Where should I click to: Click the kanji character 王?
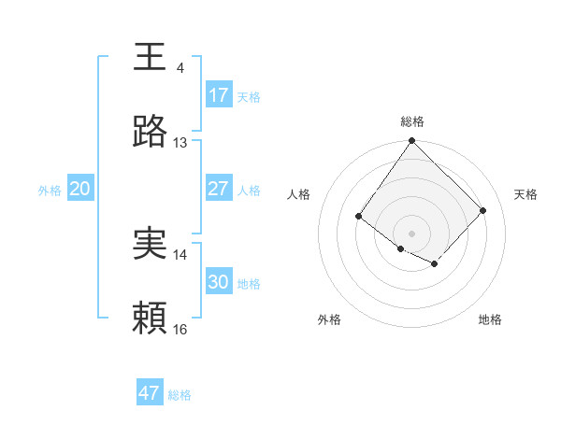pos(151,56)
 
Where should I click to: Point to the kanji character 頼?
pos(151,319)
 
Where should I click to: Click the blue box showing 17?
pos(218,95)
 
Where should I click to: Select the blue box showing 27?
pos(218,189)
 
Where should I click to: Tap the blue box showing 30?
pos(218,282)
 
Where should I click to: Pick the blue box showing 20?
pos(79,189)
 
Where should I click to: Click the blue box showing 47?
pos(149,393)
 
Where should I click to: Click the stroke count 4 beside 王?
pos(180,67)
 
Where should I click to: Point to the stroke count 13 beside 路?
pos(180,142)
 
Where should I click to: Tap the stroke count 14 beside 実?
pos(180,254)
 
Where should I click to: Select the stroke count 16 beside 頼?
pos(180,329)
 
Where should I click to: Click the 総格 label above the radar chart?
pos(411,121)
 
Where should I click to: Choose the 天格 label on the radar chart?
pos(525,194)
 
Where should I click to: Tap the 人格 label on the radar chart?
pos(298,194)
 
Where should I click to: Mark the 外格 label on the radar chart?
pos(329,319)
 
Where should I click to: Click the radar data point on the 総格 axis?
pos(411,141)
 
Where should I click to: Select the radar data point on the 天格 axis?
pos(482,210)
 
